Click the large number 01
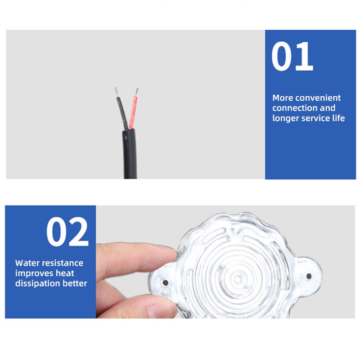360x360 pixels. point(292,57)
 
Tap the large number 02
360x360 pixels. point(67,232)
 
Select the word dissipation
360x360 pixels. point(38,283)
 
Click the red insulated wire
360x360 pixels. point(133,112)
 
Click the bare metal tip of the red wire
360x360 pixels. point(136,91)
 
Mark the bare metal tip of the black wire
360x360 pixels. point(117,92)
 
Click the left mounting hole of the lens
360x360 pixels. point(166,283)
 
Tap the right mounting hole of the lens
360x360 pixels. point(309,276)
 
